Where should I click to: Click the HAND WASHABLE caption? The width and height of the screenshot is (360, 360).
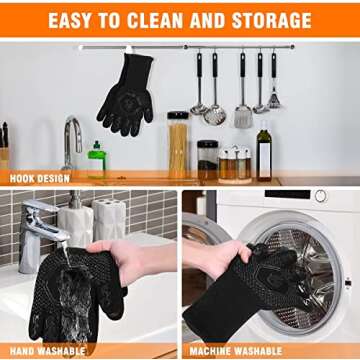point(45,351)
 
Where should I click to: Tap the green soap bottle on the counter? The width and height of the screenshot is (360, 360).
point(96,161)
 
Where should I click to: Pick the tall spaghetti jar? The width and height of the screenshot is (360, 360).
point(177,145)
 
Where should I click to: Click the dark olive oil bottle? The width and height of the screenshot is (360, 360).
point(263,151)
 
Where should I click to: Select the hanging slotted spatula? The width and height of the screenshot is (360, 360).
point(241,95)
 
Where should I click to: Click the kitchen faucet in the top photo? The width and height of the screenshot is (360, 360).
point(73,140)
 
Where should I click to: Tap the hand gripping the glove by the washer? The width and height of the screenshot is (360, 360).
point(224,258)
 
